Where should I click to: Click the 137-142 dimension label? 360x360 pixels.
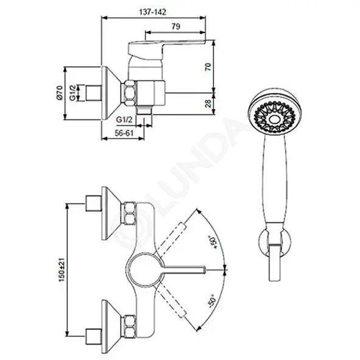coord(153,12)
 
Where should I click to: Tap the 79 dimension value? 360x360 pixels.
coord(176,26)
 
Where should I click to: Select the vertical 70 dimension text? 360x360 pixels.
coord(208,66)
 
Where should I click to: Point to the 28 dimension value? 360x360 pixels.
coord(208,104)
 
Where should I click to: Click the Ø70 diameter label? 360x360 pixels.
coord(59,93)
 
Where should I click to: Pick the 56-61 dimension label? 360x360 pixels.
coord(124,133)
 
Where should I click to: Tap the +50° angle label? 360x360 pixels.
coord(213,242)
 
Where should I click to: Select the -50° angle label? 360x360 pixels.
coord(212,301)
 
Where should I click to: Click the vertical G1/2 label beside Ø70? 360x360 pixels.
coord(72,93)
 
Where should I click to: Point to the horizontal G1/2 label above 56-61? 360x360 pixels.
coord(124,119)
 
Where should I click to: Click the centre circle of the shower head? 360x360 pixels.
coord(274,119)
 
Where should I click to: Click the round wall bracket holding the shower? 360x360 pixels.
coord(262,244)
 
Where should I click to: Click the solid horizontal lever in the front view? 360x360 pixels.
coord(184,269)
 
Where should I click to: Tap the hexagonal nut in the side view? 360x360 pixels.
coord(130,93)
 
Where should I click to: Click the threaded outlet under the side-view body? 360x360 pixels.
coord(144,110)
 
